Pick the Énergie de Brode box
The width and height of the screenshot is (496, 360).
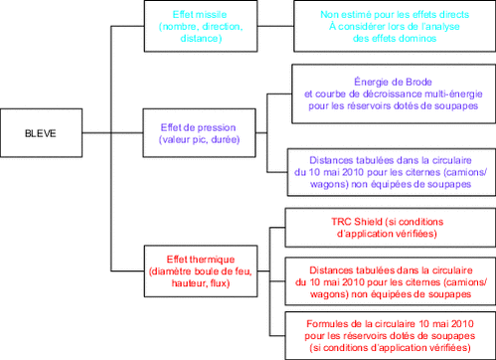[x=390, y=93]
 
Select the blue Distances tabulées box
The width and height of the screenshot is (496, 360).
[x=390, y=171]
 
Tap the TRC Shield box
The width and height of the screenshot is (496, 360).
[x=390, y=226]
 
